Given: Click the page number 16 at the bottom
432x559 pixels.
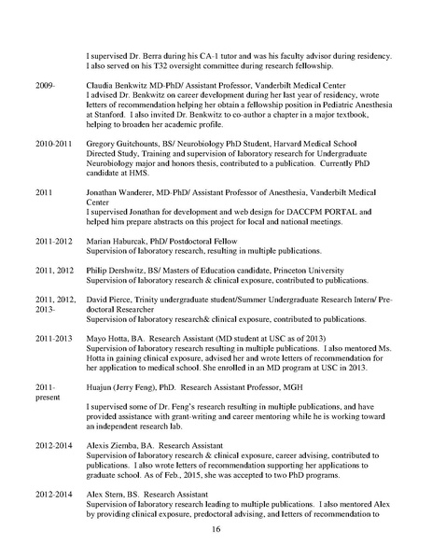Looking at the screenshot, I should coord(216,529).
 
